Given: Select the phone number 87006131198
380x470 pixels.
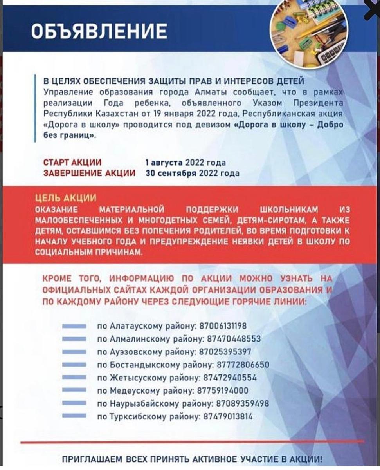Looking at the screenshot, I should coord(223,326).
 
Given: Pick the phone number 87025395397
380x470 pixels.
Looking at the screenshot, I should coord(225,351).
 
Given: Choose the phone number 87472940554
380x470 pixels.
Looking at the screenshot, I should coord(230,378).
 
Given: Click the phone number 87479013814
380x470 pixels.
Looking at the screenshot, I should coord(228,416).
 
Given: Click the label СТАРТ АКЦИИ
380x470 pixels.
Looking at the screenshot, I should coord(72,162).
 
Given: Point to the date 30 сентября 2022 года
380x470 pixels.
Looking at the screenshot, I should coord(192,173).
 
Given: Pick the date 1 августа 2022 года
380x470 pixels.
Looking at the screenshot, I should coord(185,162).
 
